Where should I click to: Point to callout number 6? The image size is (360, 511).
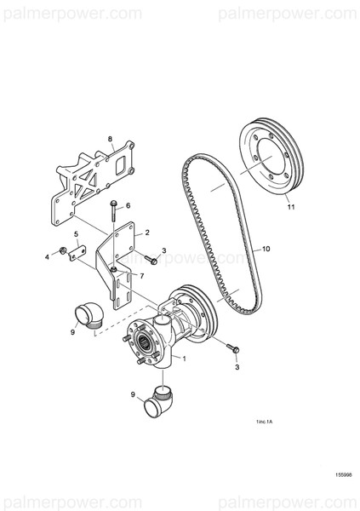point(128,205)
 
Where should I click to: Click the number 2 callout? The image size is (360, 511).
point(147,232)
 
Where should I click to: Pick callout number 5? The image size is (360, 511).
point(77,233)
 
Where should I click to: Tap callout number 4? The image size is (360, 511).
point(47,255)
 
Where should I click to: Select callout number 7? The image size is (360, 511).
point(140,275)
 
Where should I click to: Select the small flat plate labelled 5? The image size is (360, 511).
point(79,254)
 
